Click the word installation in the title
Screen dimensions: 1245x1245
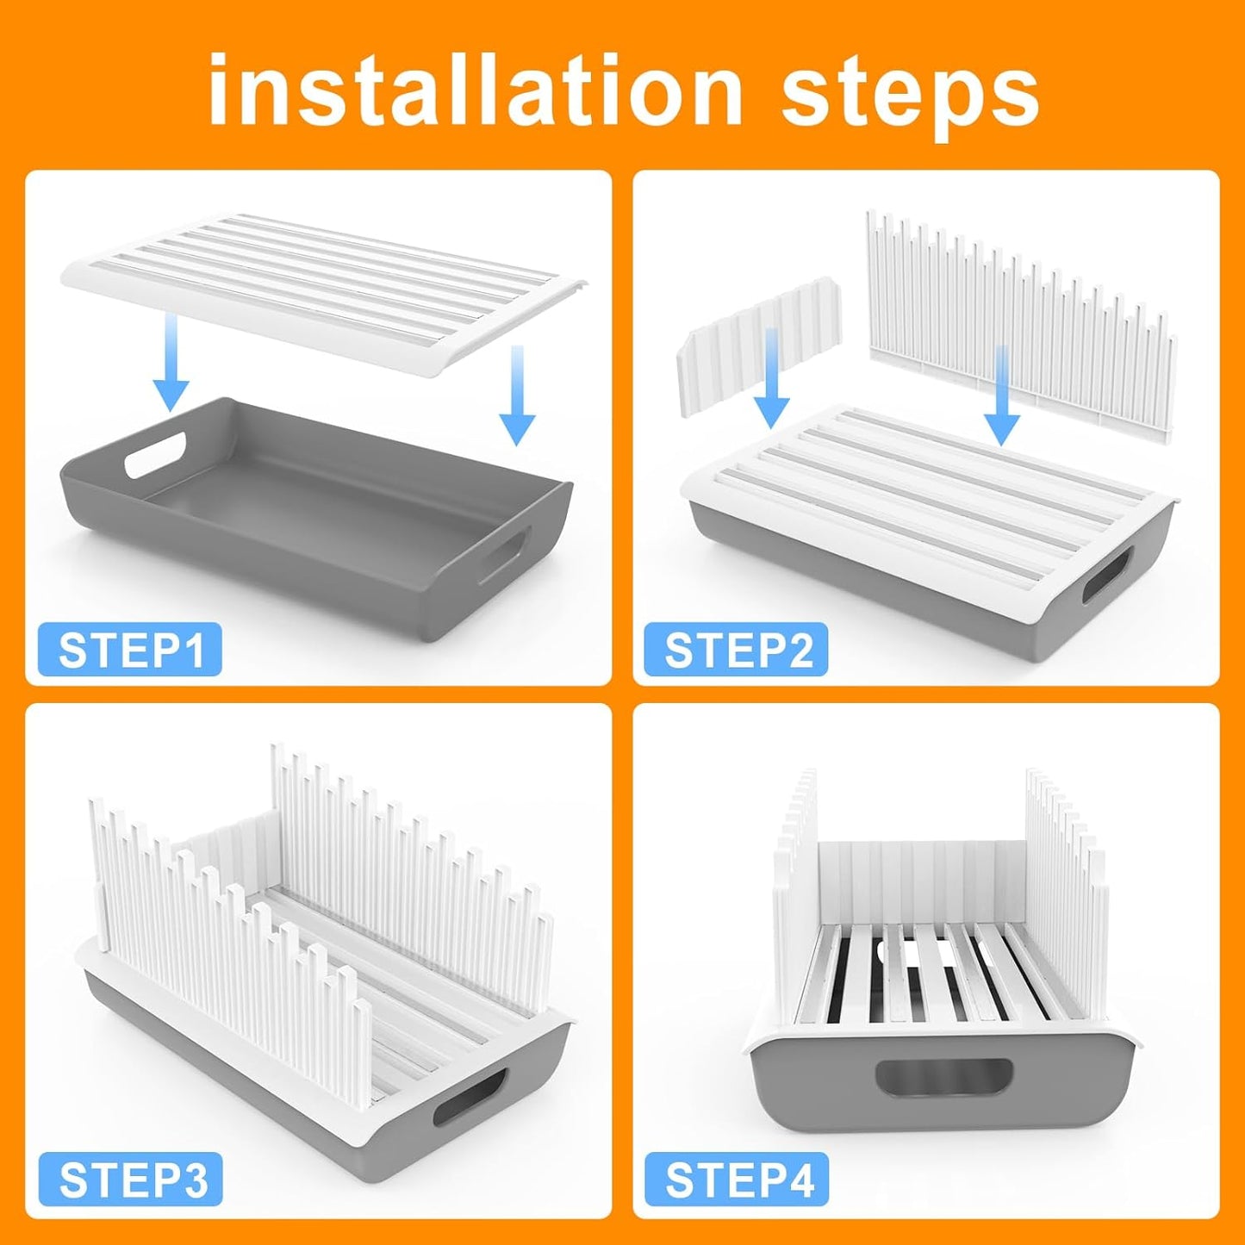coord(476,91)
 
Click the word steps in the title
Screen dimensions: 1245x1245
coord(910,97)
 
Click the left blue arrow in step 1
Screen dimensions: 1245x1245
coord(171,363)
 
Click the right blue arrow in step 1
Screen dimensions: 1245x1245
coord(517,395)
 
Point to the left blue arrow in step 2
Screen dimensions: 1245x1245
coord(771,378)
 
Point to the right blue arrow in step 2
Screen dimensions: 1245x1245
coord(1001,395)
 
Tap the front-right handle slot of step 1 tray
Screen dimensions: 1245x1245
coord(503,554)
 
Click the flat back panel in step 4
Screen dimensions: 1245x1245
coord(923,884)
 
